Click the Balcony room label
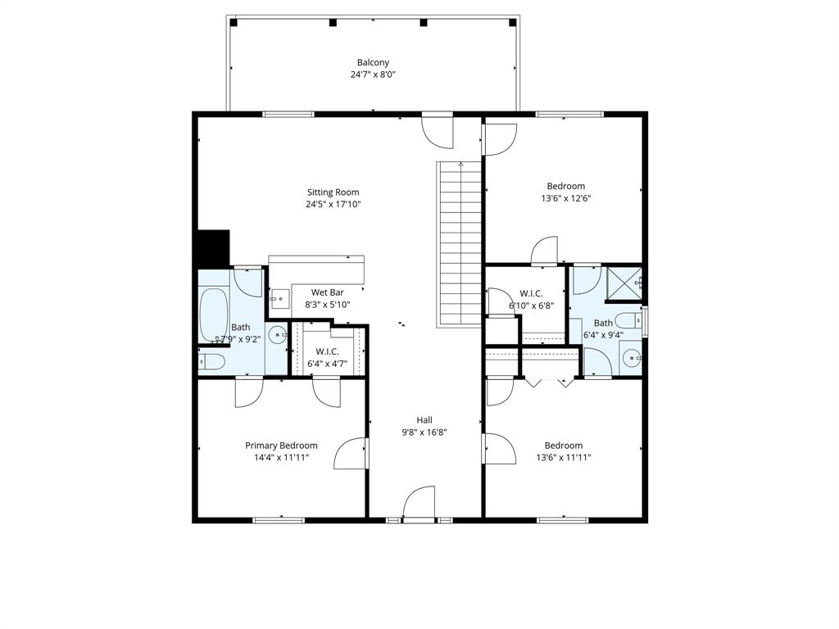click(x=373, y=62)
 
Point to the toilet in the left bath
click(x=210, y=361)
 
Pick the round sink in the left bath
click(x=278, y=334)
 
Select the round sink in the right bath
click(x=631, y=358)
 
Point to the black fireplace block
click(x=212, y=248)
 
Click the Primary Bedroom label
click(x=281, y=446)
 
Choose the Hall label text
click(x=424, y=420)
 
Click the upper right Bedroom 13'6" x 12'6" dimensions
click(x=565, y=197)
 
